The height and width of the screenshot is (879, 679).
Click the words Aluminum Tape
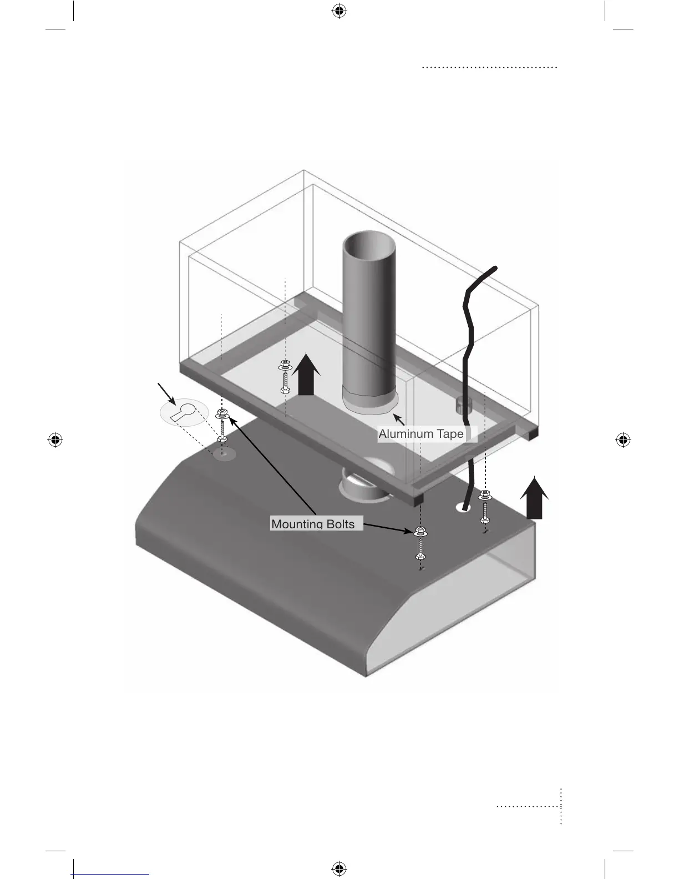point(420,434)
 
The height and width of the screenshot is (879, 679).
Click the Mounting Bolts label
point(313,524)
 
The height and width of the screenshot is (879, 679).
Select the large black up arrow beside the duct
point(306,376)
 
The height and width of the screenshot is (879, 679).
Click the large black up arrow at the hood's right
point(534,498)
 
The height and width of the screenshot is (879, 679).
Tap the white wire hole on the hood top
point(464,507)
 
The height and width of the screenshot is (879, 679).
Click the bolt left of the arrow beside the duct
point(285,376)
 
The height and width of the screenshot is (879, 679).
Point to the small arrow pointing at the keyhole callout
point(167,392)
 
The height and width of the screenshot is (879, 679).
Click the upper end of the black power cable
point(495,269)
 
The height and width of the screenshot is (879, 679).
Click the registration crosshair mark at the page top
point(339,11)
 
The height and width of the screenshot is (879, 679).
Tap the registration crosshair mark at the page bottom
point(339,868)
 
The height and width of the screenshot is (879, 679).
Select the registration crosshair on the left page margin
point(55,440)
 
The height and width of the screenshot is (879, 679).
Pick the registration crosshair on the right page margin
point(623,440)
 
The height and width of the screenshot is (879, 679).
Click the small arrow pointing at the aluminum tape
point(399,420)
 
